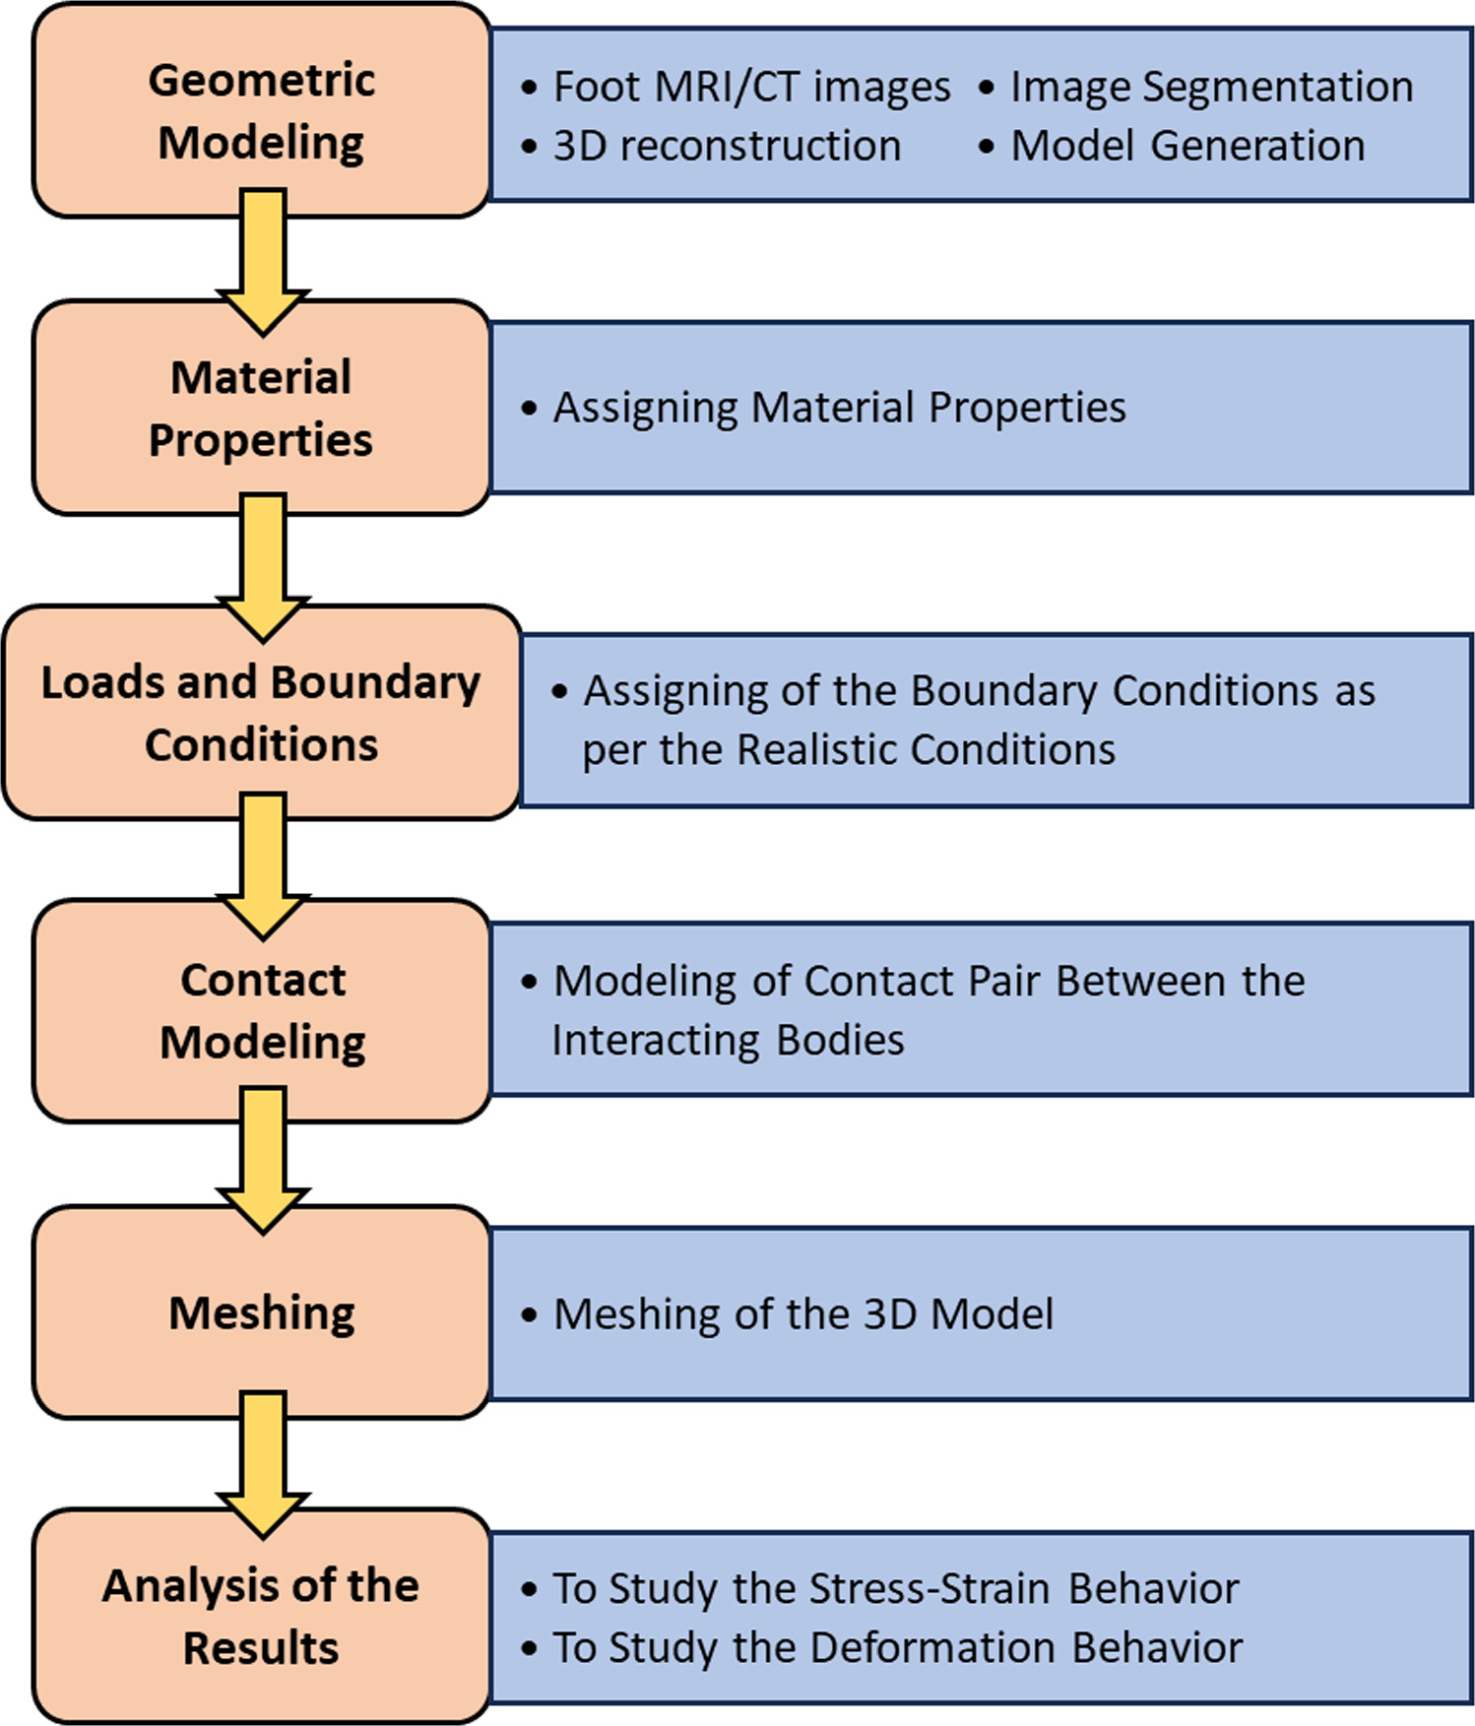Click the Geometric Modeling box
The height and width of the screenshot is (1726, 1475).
point(261,110)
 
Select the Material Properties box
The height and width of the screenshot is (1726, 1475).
point(261,408)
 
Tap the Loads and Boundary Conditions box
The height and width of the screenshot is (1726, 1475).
point(261,713)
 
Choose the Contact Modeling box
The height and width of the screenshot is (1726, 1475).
point(261,1010)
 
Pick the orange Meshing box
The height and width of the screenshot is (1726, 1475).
point(261,1312)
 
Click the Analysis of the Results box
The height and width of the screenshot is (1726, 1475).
point(261,1616)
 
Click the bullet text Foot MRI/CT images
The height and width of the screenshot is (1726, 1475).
point(751,88)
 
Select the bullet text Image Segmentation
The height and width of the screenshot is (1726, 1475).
point(1211,88)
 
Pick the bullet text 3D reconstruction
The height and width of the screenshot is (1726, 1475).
point(727,146)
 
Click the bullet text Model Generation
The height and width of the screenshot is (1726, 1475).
point(1187,146)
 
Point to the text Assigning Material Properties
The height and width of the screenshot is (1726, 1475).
point(839,408)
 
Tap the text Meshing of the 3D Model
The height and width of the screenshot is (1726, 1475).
point(802,1314)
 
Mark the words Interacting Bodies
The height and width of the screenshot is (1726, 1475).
point(727,1040)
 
